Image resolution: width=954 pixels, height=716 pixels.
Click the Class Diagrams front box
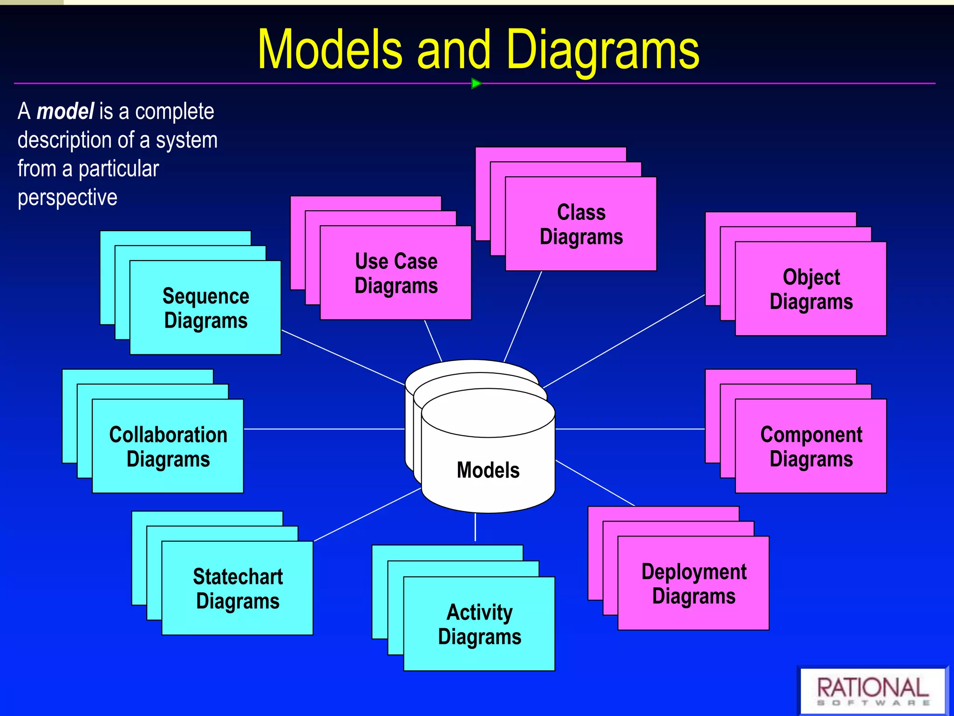pyautogui.click(x=581, y=224)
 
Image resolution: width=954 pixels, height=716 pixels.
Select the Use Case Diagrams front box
pyautogui.click(x=396, y=273)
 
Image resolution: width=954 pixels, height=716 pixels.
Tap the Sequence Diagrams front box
pyautogui.click(x=205, y=308)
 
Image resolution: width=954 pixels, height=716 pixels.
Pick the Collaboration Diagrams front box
pyautogui.click(x=168, y=447)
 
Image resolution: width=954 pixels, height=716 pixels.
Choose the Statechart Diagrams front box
pyautogui.click(x=238, y=588)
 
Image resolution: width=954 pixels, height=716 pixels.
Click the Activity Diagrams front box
pyautogui.click(x=479, y=624)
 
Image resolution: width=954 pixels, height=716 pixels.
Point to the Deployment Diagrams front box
pyautogui.click(x=694, y=584)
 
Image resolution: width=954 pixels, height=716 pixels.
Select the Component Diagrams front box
pyautogui.click(x=811, y=447)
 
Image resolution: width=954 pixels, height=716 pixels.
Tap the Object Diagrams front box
pyautogui.click(x=811, y=289)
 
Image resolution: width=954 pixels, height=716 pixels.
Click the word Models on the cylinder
pyautogui.click(x=488, y=470)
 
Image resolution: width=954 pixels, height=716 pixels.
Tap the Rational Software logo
pyautogui.click(x=873, y=690)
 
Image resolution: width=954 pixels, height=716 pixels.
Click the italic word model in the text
pyautogui.click(x=65, y=112)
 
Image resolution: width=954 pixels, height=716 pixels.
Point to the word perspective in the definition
pyautogui.click(x=68, y=198)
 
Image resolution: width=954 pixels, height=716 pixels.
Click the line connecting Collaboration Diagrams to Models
pyautogui.click(x=324, y=429)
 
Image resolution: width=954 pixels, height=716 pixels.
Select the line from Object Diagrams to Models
pyautogui.click(x=624, y=341)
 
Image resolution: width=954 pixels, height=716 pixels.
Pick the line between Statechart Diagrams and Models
pyautogui.click(x=368, y=515)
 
